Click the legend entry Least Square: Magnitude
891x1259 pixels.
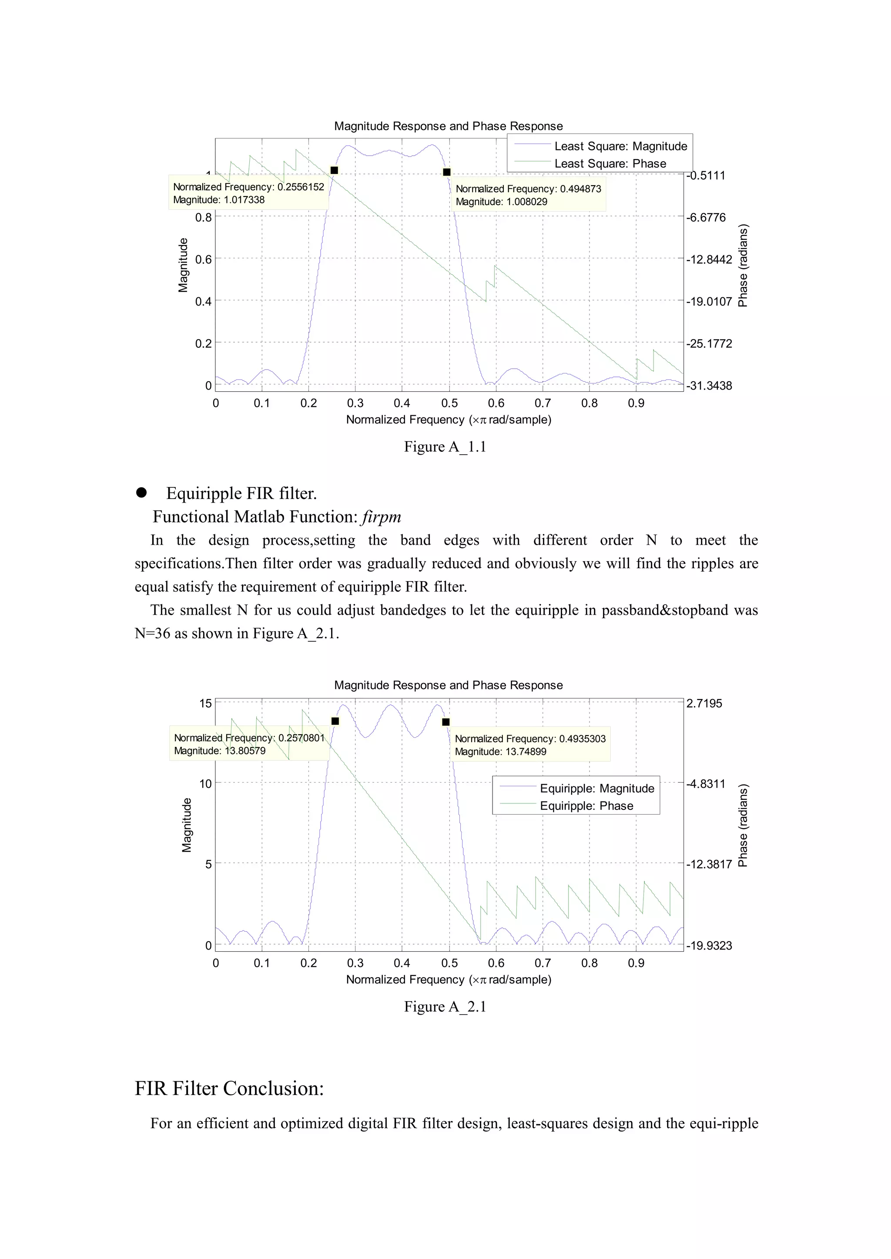click(620, 147)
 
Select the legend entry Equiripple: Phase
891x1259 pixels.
click(586, 806)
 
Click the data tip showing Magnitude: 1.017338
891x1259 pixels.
click(248, 193)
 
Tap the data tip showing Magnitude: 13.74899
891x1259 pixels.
click(529, 745)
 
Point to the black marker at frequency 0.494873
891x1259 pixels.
click(447, 172)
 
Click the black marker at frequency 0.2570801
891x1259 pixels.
click(335, 721)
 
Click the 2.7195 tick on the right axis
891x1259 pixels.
click(704, 703)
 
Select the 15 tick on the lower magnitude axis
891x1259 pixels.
click(205, 703)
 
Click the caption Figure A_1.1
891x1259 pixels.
click(445, 447)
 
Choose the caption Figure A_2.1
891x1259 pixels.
click(445, 1007)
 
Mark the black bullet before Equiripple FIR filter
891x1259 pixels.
click(141, 493)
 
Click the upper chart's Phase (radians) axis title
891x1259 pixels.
click(743, 265)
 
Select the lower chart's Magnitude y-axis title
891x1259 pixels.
click(187, 825)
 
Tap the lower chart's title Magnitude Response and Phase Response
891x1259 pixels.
click(448, 686)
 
